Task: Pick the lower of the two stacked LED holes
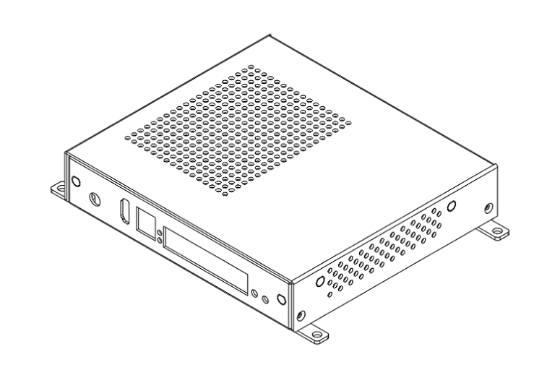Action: tap(159, 240)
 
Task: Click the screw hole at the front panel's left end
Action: tap(75, 182)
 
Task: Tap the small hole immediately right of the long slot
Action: tap(255, 293)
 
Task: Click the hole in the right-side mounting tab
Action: tap(498, 233)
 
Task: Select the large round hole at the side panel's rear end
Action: tap(451, 205)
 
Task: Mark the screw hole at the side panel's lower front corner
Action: tap(301, 314)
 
